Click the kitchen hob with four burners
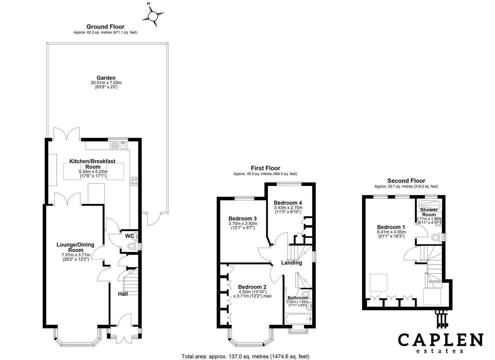pos(135,181)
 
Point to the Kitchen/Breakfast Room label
pos(92,164)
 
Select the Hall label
pos(123,294)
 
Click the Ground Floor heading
pos(105,27)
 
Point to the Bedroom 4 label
pos(288,203)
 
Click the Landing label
pos(292,263)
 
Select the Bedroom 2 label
pos(252,287)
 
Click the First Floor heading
pos(265,168)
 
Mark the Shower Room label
pos(429,212)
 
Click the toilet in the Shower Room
pos(436,237)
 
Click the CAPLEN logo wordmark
pos(440,340)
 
